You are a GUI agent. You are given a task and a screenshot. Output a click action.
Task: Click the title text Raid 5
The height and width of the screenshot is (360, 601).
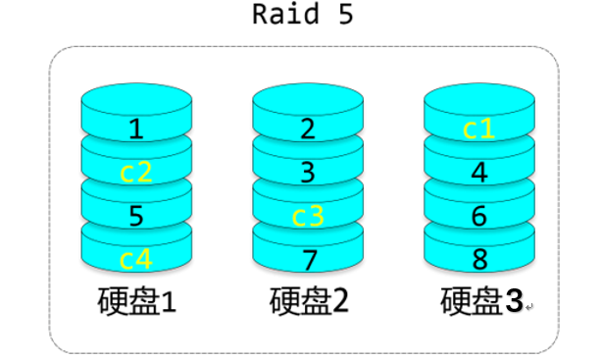[302, 16]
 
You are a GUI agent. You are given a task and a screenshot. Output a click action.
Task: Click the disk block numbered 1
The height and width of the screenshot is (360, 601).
[135, 128]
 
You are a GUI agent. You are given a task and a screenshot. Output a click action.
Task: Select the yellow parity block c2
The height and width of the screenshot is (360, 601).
[135, 172]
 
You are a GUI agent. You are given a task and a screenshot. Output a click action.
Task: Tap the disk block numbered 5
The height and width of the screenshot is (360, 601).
[135, 216]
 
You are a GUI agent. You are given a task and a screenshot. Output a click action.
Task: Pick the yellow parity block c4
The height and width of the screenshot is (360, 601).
[135, 260]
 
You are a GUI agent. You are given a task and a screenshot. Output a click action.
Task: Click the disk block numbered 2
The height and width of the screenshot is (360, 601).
[308, 128]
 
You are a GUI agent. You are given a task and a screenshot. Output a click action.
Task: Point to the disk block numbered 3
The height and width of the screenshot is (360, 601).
[308, 173]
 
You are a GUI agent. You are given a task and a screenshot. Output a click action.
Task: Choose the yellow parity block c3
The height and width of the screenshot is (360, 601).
[308, 216]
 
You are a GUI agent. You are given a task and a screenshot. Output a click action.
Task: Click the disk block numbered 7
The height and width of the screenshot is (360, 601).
[308, 260]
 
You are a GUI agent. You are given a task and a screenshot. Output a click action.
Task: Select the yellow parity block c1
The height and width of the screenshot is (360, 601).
[478, 128]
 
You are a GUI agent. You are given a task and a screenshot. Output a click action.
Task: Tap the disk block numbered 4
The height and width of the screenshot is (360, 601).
[478, 173]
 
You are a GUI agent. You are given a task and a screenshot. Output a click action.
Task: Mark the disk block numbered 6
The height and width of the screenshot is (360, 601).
[478, 216]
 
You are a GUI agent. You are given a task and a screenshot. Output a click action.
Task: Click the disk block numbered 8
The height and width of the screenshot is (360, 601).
[478, 260]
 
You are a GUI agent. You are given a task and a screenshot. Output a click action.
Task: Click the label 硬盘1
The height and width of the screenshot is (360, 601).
[136, 301]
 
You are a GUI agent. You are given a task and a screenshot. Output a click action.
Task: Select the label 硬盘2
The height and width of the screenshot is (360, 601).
[309, 301]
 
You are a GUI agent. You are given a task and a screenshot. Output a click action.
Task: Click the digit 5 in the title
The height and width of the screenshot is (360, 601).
[344, 16]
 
